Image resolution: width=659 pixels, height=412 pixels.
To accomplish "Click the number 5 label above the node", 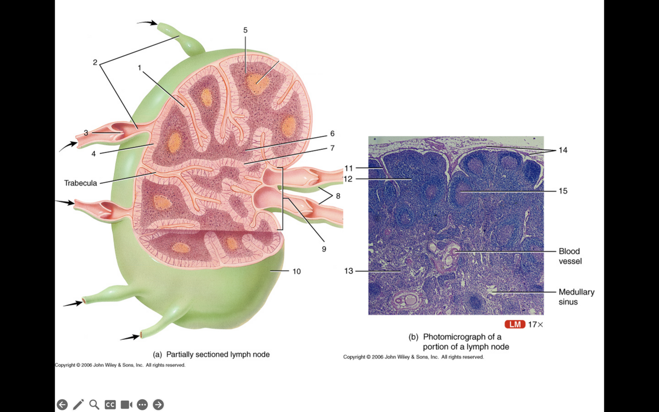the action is point(246,30).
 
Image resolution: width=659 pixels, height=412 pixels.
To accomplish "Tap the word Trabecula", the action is point(81,183).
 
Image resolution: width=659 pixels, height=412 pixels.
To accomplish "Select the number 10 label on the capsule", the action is point(296,271).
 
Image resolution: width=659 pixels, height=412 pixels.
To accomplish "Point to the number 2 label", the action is point(95,62).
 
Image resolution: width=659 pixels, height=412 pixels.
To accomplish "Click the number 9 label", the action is point(324,249).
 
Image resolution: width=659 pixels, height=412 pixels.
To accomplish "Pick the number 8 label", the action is point(338,196).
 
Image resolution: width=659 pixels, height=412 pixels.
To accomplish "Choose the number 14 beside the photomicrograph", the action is point(563,150).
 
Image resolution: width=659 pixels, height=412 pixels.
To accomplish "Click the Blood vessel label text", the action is point(570,256).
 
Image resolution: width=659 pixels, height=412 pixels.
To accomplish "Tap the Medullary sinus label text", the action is point(576,297).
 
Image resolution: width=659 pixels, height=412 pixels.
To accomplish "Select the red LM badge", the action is point(515,325).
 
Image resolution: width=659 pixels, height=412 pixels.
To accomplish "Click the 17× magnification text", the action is point(535,325).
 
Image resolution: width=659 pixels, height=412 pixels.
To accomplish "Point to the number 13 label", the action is point(349,271).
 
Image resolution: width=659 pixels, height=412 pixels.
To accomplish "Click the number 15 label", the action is point(563,191).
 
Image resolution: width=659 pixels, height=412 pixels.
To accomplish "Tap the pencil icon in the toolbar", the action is point(78,405).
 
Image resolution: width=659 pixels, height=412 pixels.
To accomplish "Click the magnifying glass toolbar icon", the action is point(94,405).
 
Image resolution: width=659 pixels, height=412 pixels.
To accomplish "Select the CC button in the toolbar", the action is point(110,405).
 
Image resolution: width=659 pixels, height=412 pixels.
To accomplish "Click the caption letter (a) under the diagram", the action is point(158,354).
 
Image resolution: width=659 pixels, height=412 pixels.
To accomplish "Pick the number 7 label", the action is point(332,148).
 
